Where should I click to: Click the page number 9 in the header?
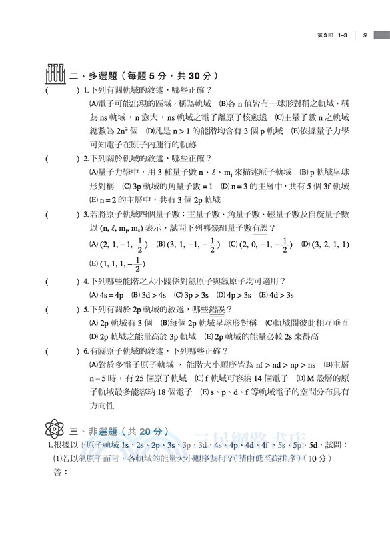[x=366, y=35]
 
